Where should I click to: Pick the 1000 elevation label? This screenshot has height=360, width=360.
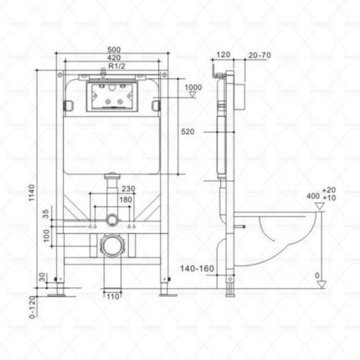click(x=193, y=87)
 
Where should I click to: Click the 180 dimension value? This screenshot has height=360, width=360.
click(x=126, y=199)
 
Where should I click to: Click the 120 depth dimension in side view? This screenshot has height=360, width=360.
click(x=223, y=55)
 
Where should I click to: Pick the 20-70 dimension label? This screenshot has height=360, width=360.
click(x=259, y=55)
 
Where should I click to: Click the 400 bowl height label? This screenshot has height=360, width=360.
click(x=314, y=196)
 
